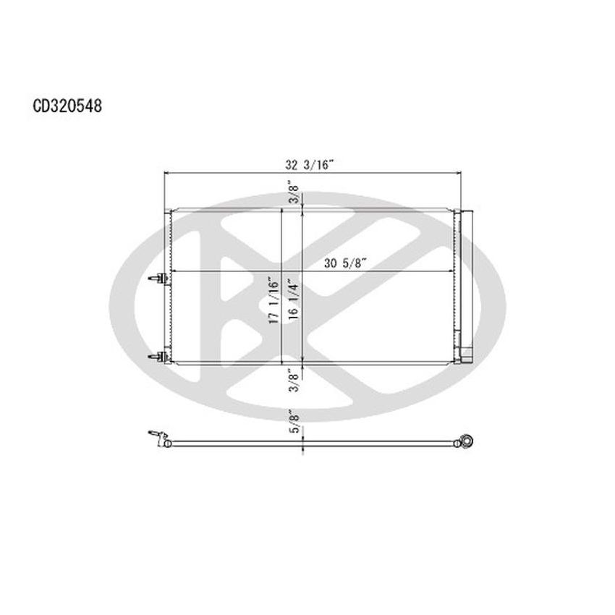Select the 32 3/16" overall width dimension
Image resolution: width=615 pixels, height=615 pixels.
tap(308, 165)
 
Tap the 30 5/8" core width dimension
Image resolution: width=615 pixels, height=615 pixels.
tap(345, 263)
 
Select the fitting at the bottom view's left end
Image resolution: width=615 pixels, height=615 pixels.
tap(158, 438)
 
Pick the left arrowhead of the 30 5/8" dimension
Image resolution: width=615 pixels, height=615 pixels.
tap(174, 272)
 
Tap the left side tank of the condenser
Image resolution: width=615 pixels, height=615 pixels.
tap(167, 286)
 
